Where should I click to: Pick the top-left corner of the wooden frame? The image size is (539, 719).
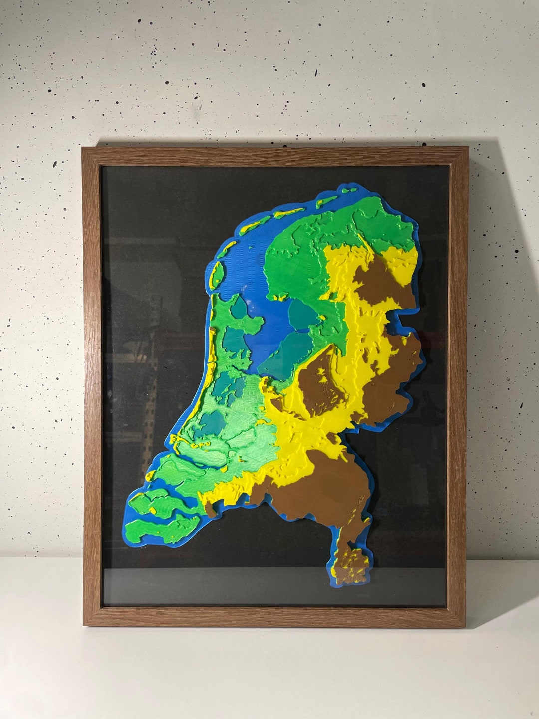tap(83, 148)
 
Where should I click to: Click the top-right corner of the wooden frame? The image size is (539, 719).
tap(468, 147)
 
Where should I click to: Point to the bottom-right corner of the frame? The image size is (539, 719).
tap(465, 627)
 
